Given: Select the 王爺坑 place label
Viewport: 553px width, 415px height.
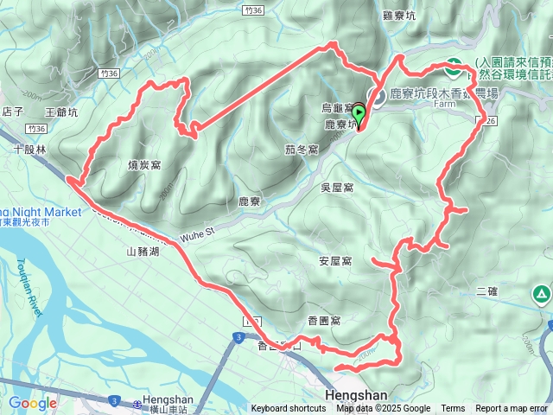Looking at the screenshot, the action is tap(61, 112).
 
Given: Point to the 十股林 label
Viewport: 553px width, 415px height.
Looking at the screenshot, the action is tap(29, 148).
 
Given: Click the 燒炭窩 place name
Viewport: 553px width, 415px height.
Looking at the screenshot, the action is tap(145, 164).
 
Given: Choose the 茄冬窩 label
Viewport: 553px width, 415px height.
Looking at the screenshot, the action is tap(302, 149).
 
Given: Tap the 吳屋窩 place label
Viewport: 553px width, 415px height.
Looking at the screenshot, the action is tap(336, 187).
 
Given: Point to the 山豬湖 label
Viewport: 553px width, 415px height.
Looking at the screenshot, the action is tap(143, 252).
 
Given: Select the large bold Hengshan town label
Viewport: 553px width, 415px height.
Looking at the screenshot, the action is tap(357, 393).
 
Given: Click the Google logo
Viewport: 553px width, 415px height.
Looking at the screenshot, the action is tap(32, 403).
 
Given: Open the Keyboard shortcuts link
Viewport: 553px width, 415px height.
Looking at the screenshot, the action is tap(289, 409).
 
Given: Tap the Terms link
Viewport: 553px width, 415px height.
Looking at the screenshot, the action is tap(453, 409).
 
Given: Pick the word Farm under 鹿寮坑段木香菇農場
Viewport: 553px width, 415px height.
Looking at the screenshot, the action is tap(444, 103).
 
